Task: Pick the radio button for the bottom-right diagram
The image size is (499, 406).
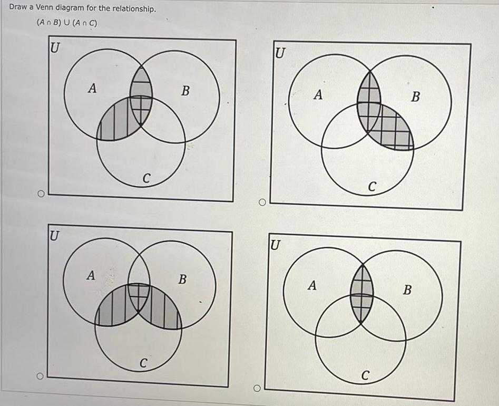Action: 257,389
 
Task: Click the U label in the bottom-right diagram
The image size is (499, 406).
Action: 275,246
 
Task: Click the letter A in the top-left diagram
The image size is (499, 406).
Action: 92,89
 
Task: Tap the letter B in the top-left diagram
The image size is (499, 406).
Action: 185,91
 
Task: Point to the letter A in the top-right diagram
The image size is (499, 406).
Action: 317,95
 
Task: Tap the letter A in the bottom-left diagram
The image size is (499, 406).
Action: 91,275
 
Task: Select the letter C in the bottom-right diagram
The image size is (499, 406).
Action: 366,375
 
